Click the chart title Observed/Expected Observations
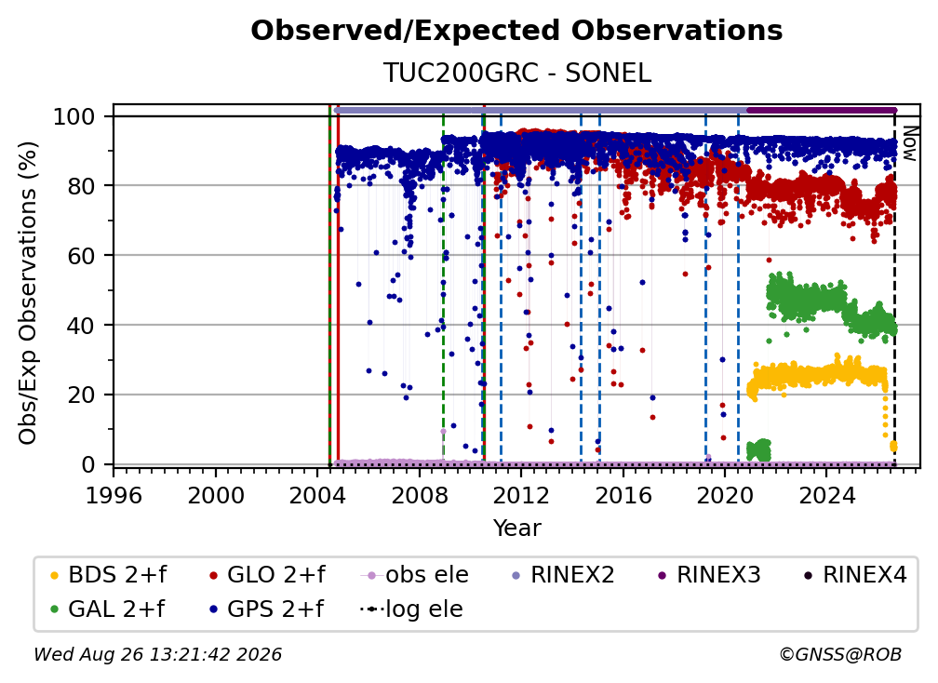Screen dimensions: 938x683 point(516,31)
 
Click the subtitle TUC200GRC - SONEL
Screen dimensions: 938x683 point(516,73)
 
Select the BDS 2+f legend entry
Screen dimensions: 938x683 point(108,575)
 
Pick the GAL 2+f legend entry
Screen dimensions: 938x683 point(107,609)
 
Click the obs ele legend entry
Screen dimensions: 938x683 point(415,575)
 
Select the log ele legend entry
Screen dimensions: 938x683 point(411,609)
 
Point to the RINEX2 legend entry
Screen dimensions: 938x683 point(564,575)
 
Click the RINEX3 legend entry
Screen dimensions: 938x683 point(709,575)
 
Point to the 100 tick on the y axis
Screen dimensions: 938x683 point(74,116)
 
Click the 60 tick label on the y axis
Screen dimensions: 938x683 point(81,255)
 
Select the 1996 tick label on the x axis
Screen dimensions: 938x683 point(114,496)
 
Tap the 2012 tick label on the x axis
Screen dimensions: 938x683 point(520,496)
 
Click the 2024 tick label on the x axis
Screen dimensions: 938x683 point(826,496)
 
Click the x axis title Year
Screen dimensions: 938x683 point(516,529)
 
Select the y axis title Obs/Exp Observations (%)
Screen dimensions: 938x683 point(28,293)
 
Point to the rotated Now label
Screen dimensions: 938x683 point(909,143)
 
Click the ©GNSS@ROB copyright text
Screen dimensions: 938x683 point(840,655)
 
